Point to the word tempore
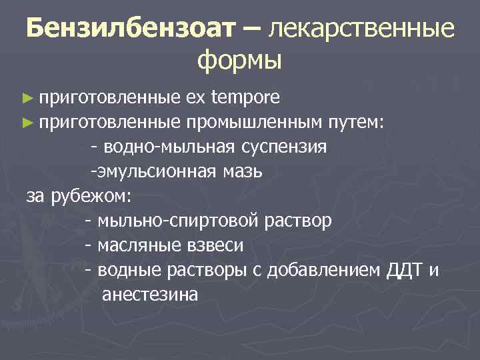245,99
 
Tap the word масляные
136,245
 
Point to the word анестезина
150,295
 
